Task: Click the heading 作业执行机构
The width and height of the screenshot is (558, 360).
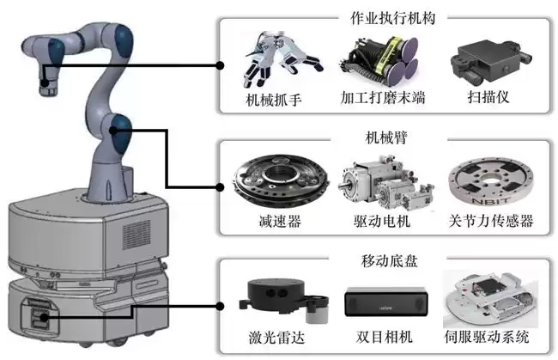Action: [385, 18]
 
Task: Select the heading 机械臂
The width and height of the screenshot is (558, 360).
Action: [385, 137]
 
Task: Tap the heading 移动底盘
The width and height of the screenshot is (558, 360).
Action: [385, 257]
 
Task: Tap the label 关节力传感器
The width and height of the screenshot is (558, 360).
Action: [492, 222]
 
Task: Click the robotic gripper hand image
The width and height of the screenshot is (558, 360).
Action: [276, 58]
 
